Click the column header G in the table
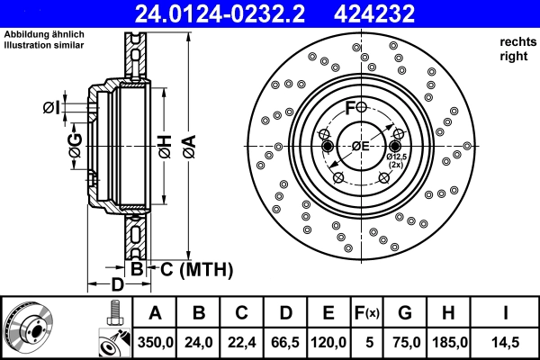coord(404,314)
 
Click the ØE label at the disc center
coord(361,147)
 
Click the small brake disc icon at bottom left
coord(29,328)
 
